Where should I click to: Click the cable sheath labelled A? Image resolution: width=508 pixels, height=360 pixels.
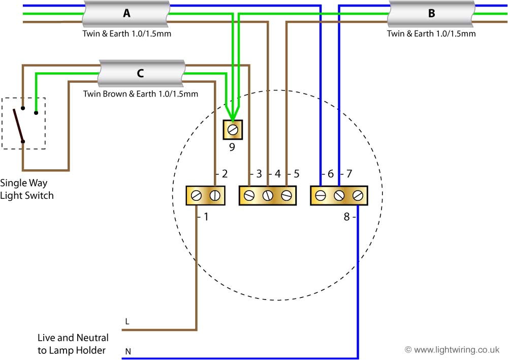coord(126,14)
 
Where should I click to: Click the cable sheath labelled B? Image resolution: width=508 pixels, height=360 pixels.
coord(431,14)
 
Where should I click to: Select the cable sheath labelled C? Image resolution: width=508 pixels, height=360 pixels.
coord(140,73)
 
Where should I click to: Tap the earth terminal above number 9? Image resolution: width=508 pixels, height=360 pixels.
coord(233,130)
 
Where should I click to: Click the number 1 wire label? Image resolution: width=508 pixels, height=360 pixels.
coord(206,217)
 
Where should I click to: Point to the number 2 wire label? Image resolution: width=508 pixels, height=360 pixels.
coord(224,174)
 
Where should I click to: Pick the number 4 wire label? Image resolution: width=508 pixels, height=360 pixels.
coord(277,174)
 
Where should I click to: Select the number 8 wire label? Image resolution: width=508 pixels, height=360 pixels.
coord(346,217)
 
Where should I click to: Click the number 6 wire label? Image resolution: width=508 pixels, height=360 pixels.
coord(330,174)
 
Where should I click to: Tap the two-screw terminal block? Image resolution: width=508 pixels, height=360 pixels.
coord(205,196)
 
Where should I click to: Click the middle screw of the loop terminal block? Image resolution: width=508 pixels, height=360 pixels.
coord(268,196)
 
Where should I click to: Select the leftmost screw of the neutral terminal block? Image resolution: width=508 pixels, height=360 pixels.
coord(321,196)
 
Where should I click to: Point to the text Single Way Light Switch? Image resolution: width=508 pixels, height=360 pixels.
coord(26,189)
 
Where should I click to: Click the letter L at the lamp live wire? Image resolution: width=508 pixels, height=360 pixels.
coord(127,321)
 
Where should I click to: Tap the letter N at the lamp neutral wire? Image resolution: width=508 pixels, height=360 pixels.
coord(127,351)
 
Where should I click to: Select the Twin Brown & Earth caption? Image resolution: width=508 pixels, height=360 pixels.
coord(141,94)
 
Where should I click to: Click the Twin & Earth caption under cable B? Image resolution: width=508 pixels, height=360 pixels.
coord(431,34)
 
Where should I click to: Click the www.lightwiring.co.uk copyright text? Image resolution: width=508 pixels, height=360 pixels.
coord(452,350)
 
